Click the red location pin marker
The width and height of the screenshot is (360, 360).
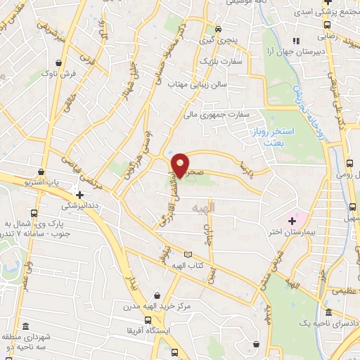pyautogui.click(x=181, y=165)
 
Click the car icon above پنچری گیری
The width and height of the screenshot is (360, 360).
pyautogui.click(x=219, y=30)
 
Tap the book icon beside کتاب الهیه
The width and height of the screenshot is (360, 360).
pyautogui.click(x=187, y=255)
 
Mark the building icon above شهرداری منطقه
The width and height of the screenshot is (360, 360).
pyautogui.click(x=26, y=328)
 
